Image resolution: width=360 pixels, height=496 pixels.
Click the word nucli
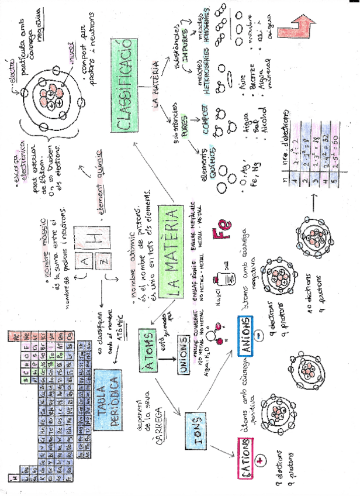click(74, 60)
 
